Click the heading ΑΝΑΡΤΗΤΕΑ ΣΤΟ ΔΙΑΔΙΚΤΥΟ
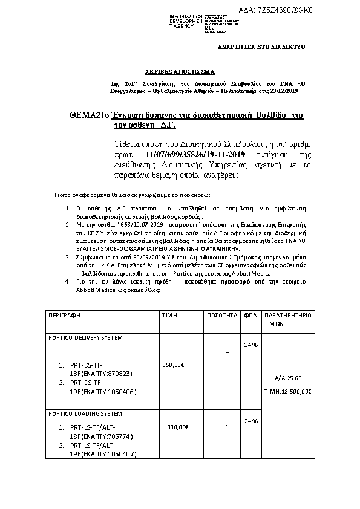261,46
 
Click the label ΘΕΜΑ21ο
90,114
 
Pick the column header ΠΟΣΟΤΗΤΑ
220,316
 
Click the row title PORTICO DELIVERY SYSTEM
85,337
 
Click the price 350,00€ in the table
174,365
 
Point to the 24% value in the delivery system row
250,345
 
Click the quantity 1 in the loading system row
226,427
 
